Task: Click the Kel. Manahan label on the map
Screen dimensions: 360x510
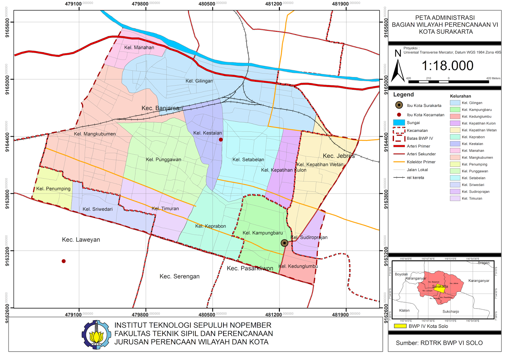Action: click(139, 47)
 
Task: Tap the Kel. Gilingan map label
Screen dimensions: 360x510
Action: click(199, 81)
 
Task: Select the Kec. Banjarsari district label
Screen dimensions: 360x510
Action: click(162, 108)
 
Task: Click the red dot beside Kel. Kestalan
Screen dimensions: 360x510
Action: click(221, 139)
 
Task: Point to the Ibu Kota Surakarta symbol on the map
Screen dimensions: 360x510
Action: click(284, 243)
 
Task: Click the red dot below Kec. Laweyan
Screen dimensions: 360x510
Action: click(64, 261)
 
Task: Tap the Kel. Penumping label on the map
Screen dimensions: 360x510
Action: click(53, 188)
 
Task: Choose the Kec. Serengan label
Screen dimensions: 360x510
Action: click(179, 276)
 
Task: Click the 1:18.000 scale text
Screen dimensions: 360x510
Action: click(447, 66)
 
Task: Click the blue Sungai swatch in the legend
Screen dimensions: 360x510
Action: click(399, 123)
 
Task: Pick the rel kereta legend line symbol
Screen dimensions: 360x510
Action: click(399, 178)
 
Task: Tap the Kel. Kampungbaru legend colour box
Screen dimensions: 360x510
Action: click(455, 109)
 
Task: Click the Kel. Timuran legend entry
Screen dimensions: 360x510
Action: click(472, 198)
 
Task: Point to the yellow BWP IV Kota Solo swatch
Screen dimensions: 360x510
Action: click(400, 326)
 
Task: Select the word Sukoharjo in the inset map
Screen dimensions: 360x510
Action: click(450, 311)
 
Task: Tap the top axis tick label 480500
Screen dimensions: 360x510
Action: click(207, 4)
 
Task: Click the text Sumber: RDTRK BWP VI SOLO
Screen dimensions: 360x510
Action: click(439, 343)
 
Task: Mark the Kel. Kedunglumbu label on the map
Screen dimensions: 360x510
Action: click(298, 266)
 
